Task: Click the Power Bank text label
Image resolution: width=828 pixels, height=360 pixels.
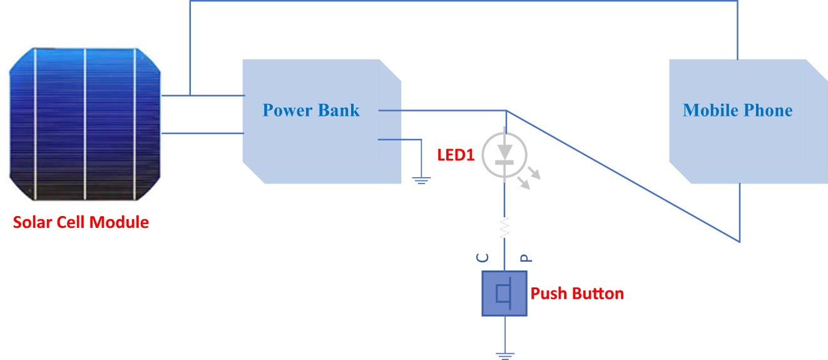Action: click(311, 111)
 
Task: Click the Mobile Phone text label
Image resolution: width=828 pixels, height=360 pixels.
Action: click(737, 111)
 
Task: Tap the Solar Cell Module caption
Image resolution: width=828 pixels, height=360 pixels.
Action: click(81, 222)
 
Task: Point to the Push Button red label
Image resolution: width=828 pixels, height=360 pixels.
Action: click(577, 294)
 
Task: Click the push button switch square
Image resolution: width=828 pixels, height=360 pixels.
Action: click(504, 294)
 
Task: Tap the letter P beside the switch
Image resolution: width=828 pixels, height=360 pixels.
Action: click(526, 257)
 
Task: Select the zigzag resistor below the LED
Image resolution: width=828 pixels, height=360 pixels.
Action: click(504, 226)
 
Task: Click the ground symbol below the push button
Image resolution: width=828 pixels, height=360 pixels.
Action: click(504, 355)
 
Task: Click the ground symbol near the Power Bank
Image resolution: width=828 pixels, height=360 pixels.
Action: click(421, 180)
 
